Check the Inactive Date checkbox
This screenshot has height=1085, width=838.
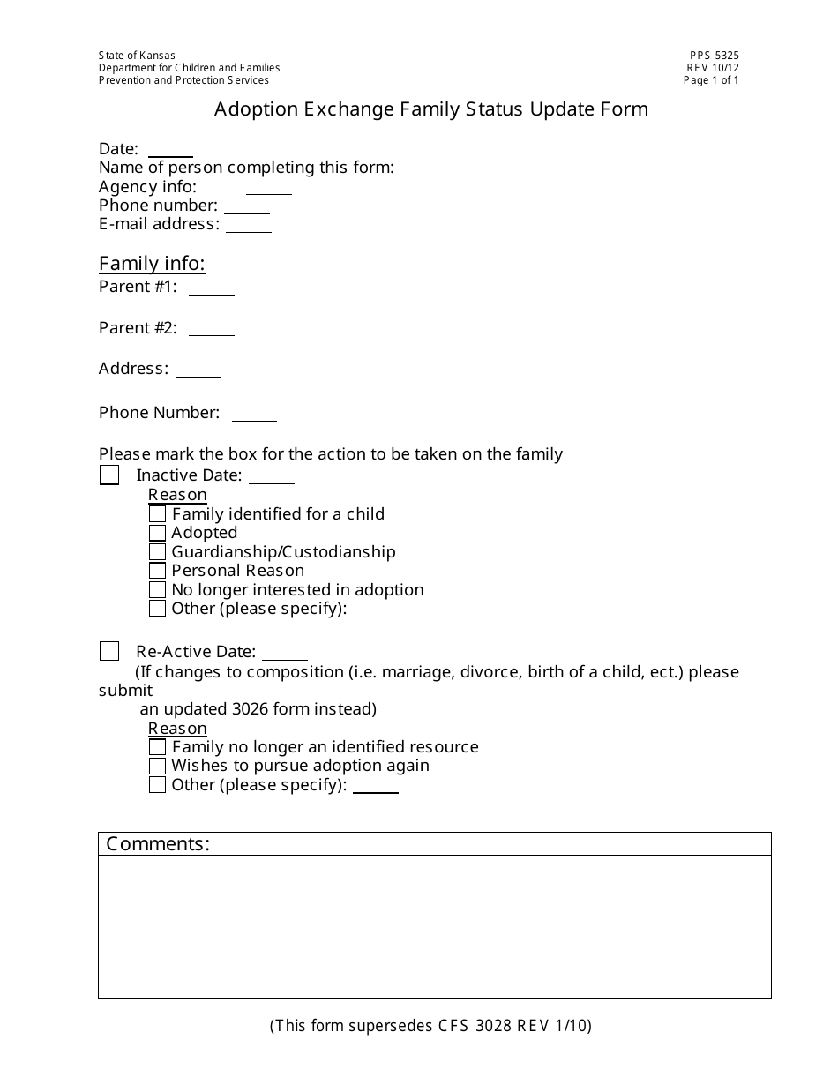pos(109,475)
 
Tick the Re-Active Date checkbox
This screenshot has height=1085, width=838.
pos(109,652)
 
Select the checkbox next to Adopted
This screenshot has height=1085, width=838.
pos(157,533)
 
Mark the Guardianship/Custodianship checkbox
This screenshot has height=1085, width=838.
pos(157,552)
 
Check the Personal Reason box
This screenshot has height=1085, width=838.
pos(157,571)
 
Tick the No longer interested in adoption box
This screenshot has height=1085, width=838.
pos(157,590)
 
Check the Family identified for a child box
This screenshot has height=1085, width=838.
pos(157,514)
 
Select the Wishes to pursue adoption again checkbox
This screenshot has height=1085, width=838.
pos(157,766)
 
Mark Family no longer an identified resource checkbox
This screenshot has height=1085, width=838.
pos(157,747)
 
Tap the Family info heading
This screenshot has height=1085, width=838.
pos(152,264)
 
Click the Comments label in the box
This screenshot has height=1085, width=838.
pos(158,844)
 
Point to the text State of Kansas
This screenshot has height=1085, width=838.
pos(137,56)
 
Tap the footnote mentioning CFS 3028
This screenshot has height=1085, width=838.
pos(430,1026)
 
